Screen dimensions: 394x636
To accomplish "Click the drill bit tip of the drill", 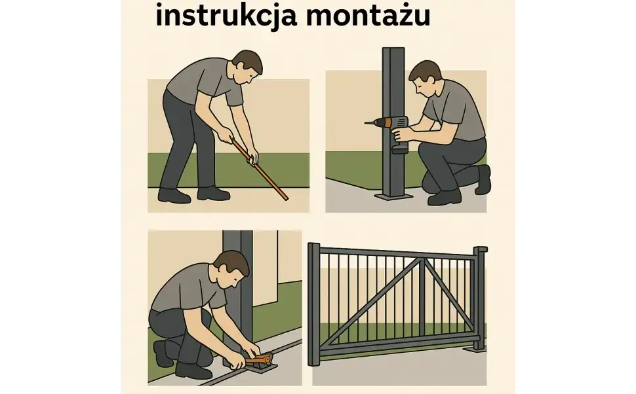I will pyautogui.click(x=366, y=122).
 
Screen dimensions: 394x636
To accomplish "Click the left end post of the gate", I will pyautogui.click(x=313, y=304).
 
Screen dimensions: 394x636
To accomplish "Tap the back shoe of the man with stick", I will pyautogui.click(x=173, y=195).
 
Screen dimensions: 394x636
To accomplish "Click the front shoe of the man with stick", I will pyautogui.click(x=214, y=193).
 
